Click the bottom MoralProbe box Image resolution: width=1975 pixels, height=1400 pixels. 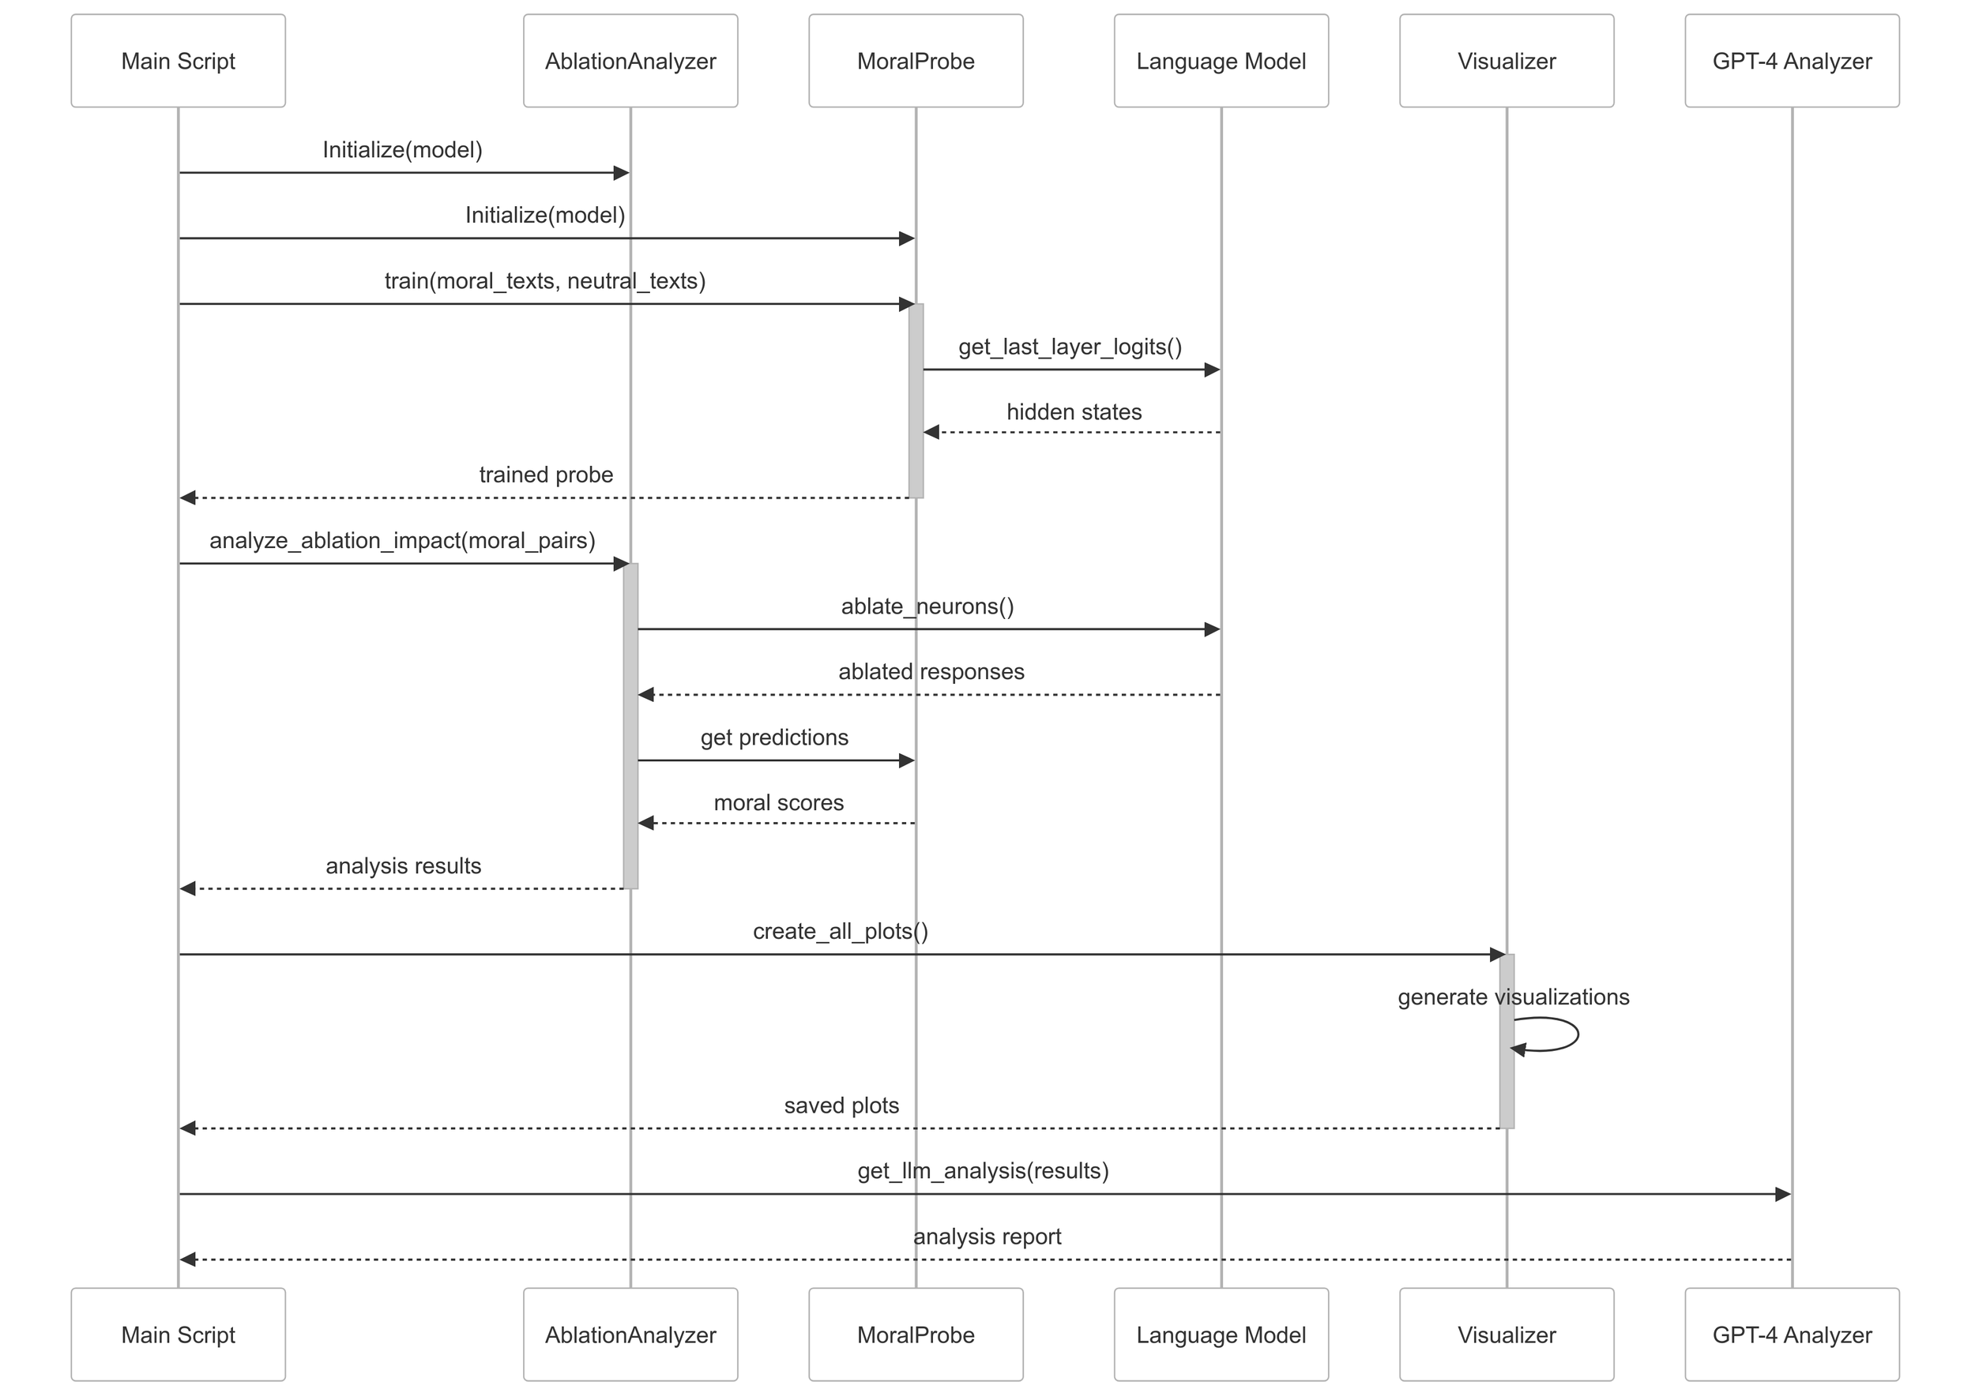click(915, 1334)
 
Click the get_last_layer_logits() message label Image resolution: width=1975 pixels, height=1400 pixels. click(1070, 347)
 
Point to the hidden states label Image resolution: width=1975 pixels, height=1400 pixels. click(1074, 412)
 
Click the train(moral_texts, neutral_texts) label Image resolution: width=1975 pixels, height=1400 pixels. click(545, 281)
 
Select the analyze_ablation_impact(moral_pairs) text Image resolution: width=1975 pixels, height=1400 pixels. click(402, 541)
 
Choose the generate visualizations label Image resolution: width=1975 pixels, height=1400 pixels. click(1513, 997)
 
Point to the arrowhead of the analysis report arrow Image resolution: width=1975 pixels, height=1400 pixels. click(188, 1259)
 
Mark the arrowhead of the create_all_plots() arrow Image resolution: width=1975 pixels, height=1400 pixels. click(1497, 955)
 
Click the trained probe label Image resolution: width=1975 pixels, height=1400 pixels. click(546, 475)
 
